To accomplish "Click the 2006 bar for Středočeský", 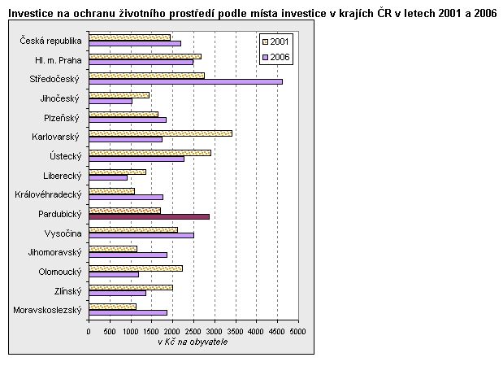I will [x=185, y=81].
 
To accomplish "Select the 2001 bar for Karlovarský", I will [x=160, y=133].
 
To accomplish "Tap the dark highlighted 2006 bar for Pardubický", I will [x=149, y=216].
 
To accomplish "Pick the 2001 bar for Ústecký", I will [x=150, y=152].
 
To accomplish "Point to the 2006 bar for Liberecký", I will [x=108, y=177].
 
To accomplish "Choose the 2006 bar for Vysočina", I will [x=141, y=235].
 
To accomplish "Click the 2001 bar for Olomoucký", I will [x=135, y=268].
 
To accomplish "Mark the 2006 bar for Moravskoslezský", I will [x=128, y=312].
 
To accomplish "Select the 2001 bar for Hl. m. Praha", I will [x=145, y=56].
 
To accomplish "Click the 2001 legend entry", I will [x=276, y=41].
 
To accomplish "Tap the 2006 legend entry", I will [x=276, y=56].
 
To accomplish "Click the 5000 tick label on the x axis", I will [x=298, y=332].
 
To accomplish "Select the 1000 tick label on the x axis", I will [x=130, y=332].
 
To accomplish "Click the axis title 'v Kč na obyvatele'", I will [x=193, y=342].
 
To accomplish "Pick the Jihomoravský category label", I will [x=54, y=252].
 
